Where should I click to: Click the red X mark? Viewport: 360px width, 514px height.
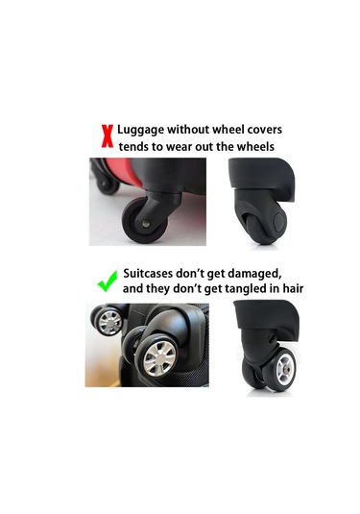[x=108, y=136]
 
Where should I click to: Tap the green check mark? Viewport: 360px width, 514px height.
[x=108, y=281]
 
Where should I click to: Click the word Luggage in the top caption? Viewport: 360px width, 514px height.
[x=141, y=130]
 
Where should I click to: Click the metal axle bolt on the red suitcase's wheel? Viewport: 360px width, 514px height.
[x=146, y=224]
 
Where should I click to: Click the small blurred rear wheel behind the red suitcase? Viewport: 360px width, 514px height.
[x=107, y=184]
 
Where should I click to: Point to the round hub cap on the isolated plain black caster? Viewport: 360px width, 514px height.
[x=279, y=222]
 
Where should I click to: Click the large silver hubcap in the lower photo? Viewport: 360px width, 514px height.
[x=160, y=358]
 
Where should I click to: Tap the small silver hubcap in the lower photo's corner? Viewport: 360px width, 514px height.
[x=110, y=322]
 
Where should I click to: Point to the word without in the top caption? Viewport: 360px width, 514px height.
[x=188, y=130]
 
